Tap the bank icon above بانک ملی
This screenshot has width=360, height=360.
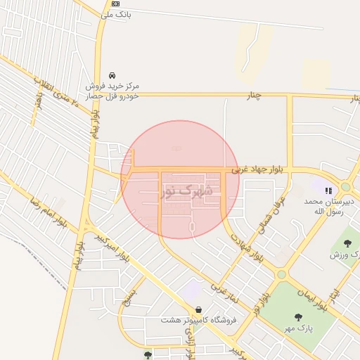tap(115, 4)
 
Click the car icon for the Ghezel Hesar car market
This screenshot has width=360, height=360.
tap(112, 75)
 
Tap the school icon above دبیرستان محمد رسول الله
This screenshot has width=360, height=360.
tap(328, 190)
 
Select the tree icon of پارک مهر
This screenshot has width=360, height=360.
tap(298, 317)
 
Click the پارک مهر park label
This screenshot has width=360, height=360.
tap(298, 328)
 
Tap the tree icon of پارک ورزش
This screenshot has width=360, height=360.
tap(347, 243)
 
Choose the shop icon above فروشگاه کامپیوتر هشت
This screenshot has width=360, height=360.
tap(198, 309)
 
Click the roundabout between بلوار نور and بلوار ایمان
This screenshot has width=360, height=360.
tap(281, 274)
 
